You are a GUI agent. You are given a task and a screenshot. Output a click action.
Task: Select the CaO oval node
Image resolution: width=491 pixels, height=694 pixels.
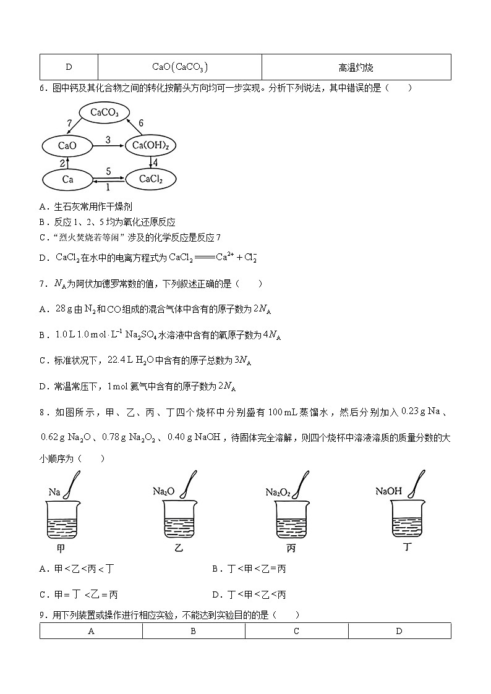67,146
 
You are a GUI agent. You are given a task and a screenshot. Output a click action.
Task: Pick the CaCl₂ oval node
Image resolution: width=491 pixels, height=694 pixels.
151,179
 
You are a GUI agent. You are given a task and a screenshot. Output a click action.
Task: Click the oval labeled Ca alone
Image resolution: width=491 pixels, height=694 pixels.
67,179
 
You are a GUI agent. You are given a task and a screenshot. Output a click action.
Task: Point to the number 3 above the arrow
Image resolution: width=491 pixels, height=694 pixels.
108,140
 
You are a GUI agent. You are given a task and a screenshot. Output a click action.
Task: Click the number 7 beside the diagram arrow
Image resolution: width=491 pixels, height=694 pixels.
69,124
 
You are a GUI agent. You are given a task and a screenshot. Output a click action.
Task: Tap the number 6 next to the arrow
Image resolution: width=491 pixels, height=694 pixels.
140,124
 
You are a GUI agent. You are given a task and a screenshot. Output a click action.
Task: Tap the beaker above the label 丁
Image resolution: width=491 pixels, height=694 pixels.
406,518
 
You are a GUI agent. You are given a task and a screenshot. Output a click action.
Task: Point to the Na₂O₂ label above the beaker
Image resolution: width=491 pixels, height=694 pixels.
278,493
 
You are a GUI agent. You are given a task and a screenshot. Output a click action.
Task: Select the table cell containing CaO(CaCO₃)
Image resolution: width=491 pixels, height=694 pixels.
180,67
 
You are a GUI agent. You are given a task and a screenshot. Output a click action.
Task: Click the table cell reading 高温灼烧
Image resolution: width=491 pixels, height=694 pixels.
356,67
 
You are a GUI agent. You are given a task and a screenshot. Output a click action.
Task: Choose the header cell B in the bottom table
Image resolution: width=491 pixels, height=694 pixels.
194,631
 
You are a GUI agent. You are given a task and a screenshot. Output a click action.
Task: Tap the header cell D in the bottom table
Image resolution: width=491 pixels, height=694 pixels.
399,631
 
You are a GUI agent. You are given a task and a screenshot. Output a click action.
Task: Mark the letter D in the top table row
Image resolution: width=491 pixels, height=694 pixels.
69,67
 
